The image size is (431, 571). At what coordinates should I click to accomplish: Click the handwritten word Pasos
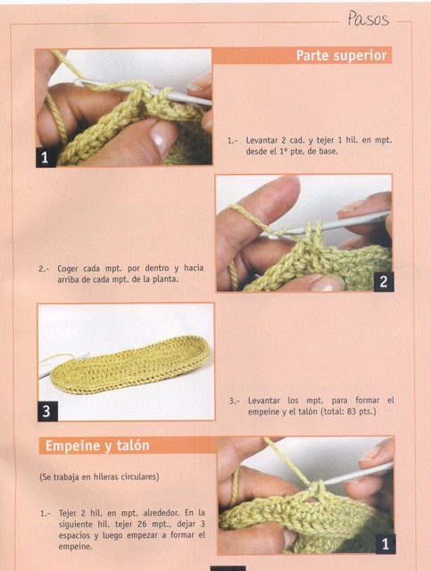tap(368, 19)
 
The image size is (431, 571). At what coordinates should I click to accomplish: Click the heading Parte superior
tap(341, 55)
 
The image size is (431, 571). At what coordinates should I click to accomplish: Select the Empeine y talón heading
tap(97, 446)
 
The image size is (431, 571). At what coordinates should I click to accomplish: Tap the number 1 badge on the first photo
tap(46, 157)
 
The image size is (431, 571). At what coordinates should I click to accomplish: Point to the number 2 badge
tap(384, 282)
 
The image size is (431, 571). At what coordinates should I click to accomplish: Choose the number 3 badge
tap(47, 410)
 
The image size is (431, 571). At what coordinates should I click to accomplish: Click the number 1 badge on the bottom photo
tap(385, 544)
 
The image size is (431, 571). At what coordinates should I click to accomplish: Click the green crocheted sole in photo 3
tap(131, 365)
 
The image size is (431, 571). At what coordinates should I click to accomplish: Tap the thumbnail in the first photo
tap(162, 137)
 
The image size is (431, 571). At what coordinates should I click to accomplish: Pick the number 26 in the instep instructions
tap(145, 524)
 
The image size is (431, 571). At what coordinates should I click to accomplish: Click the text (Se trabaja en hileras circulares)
tap(99, 476)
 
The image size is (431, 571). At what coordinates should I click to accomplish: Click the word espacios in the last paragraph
tap(74, 535)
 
